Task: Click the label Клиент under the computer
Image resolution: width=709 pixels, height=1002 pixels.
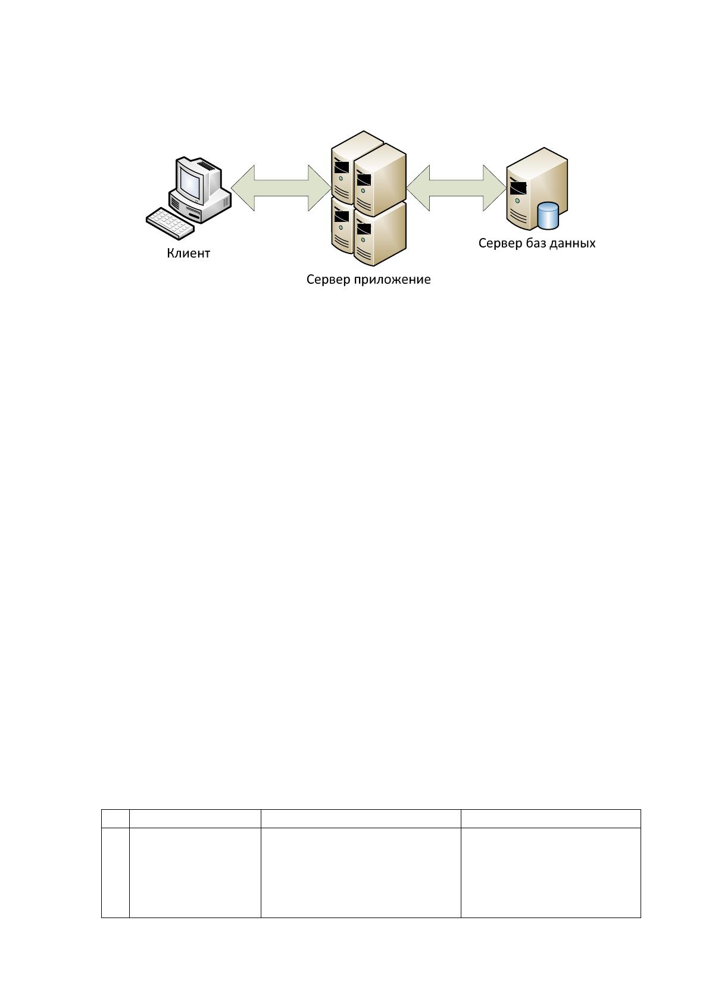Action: [x=189, y=253]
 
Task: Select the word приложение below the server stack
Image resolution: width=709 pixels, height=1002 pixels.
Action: [x=392, y=280]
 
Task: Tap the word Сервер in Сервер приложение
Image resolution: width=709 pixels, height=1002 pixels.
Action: [x=329, y=279]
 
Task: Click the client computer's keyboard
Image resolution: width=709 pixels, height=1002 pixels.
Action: [x=170, y=223]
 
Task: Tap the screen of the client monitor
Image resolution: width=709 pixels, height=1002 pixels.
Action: [x=190, y=184]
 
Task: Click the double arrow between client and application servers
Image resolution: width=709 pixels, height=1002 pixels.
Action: [x=281, y=188]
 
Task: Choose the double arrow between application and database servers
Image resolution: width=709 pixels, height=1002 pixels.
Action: [x=456, y=188]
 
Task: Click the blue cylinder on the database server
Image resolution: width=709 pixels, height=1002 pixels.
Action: [x=548, y=215]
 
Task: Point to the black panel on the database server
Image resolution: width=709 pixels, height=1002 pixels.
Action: [x=518, y=188]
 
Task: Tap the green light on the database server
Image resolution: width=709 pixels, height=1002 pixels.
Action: [x=517, y=201]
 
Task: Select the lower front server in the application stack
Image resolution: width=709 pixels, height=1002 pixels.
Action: [x=380, y=233]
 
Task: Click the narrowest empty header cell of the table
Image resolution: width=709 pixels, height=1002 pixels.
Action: [x=115, y=819]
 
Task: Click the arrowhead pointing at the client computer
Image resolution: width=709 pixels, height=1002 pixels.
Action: [x=243, y=188]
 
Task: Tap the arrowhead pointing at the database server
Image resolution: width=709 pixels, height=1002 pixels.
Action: [x=495, y=188]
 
